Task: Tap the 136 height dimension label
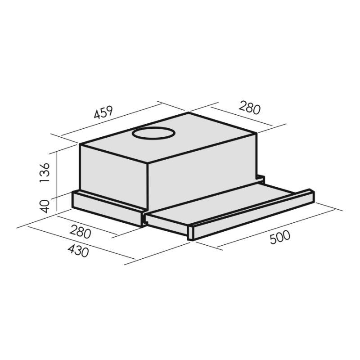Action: (x=45, y=172)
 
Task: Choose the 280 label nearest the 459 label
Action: (x=250, y=108)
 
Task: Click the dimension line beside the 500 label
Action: (x=265, y=228)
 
